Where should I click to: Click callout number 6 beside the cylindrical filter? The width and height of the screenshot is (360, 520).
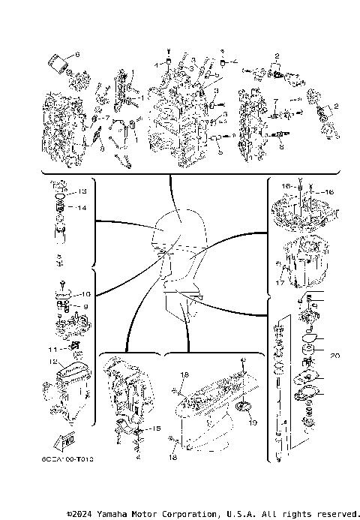76,55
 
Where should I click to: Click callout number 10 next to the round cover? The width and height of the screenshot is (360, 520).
85,294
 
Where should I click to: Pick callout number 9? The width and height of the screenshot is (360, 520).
85,306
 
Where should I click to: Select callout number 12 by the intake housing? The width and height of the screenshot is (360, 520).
53,362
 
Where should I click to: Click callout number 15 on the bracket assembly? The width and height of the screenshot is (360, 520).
156,428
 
